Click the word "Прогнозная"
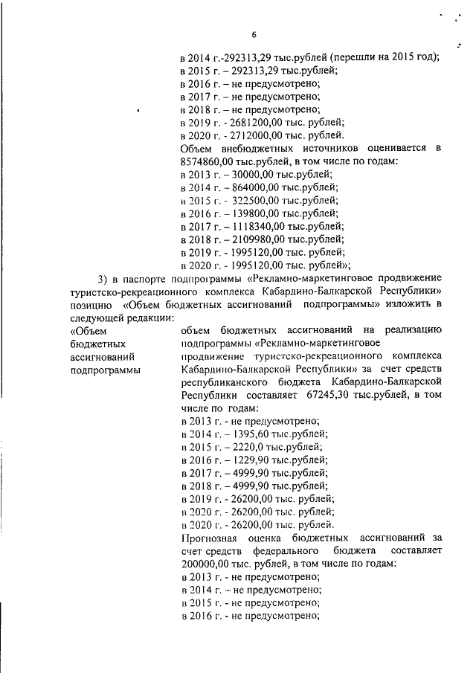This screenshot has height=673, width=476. [x=210, y=538]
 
